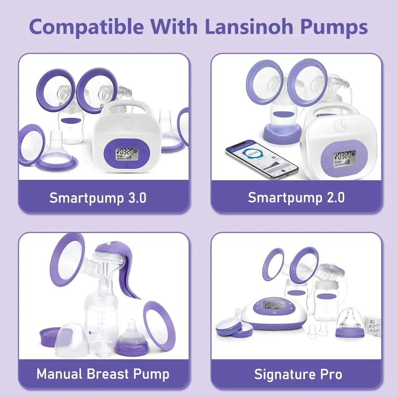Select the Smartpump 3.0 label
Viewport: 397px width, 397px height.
(x=98, y=197)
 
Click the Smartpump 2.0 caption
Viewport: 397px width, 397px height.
(x=296, y=197)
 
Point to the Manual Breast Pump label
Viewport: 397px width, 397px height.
(x=103, y=374)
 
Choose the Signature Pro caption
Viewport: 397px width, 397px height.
(x=298, y=374)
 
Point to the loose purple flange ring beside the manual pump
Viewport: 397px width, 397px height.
(x=160, y=326)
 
